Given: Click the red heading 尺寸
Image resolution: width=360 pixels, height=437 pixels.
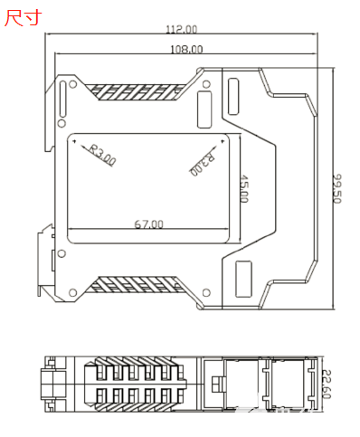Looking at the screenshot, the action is (x=23, y=18).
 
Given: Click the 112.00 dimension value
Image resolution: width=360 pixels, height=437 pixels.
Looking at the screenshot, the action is (x=182, y=29).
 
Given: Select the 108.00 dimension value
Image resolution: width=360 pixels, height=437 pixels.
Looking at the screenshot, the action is (x=186, y=49).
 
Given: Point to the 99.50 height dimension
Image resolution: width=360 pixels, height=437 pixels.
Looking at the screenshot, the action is (x=337, y=188).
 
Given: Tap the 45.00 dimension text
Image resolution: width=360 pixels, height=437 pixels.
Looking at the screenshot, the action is (x=243, y=189).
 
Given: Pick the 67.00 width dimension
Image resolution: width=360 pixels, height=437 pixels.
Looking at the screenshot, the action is (x=148, y=224).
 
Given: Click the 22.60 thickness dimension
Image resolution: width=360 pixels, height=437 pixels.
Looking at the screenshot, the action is (x=327, y=384).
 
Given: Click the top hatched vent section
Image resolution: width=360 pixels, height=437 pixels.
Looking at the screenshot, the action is (x=136, y=91).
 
